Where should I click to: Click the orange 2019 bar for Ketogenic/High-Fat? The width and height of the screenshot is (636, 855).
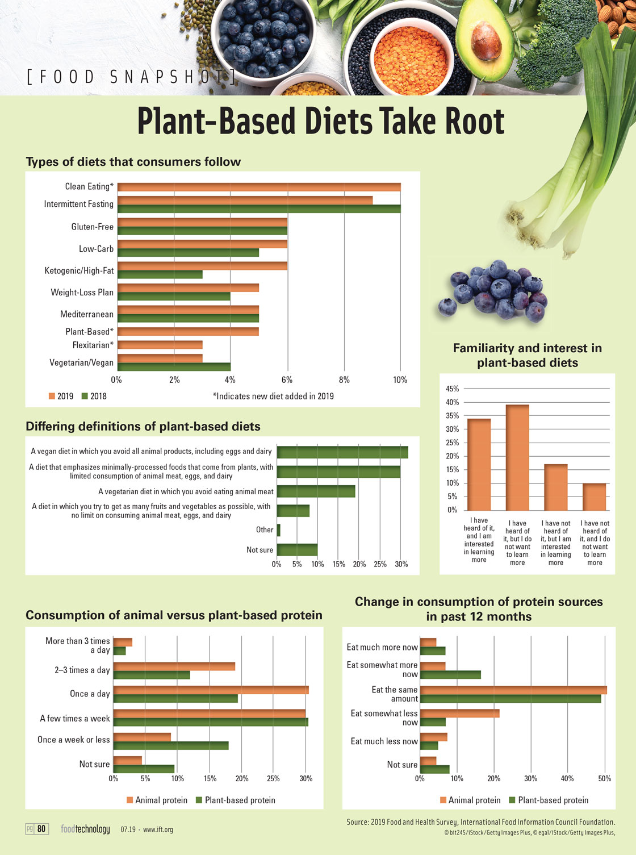pyautogui.click(x=202, y=266)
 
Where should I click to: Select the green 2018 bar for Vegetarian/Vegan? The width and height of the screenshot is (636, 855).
pyautogui.click(x=174, y=367)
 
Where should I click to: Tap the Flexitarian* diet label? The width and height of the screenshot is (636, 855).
pyautogui.click(x=93, y=345)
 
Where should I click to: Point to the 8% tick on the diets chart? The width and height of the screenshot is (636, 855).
pyautogui.click(x=344, y=380)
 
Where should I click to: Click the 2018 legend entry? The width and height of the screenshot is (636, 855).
pyautogui.click(x=94, y=397)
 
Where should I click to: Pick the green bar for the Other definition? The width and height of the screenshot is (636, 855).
pyautogui.click(x=279, y=530)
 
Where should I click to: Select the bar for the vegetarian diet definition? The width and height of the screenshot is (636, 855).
pyautogui.click(x=316, y=491)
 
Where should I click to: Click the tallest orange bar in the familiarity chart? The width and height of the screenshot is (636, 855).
pyautogui.click(x=517, y=457)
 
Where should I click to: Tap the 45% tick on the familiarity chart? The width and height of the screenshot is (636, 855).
pyautogui.click(x=452, y=389)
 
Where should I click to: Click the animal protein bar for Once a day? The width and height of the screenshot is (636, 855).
pyautogui.click(x=211, y=690)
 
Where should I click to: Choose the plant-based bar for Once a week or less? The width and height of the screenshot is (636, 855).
pyautogui.click(x=171, y=745)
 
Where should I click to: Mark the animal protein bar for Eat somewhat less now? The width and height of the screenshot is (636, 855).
pyautogui.click(x=460, y=713)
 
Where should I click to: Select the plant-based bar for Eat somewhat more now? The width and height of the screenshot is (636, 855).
pyautogui.click(x=450, y=675)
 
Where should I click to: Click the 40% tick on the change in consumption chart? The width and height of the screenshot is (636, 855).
pyautogui.click(x=567, y=779)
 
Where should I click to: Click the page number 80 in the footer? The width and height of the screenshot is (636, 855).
pyautogui.click(x=41, y=829)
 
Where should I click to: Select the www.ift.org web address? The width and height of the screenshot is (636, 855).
pyautogui.click(x=158, y=830)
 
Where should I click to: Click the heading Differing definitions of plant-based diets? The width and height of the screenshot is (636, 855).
pyautogui.click(x=143, y=427)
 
